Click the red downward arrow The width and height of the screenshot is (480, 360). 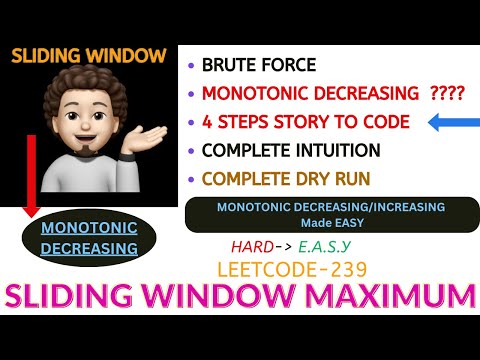(x=31, y=175)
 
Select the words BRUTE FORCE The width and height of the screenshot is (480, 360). (x=258, y=66)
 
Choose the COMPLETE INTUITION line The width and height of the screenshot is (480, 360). (x=291, y=151)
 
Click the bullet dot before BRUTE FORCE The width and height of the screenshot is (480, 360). (x=191, y=66)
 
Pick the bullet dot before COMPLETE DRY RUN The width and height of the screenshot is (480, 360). (x=191, y=180)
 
